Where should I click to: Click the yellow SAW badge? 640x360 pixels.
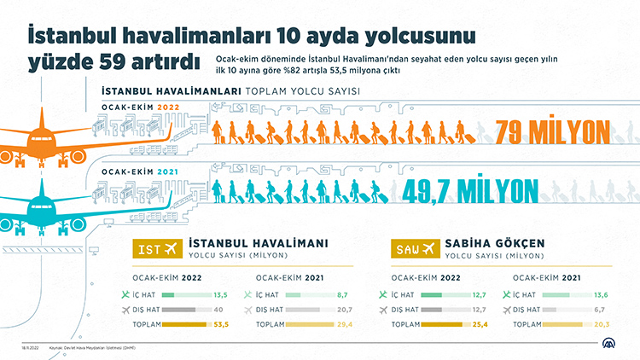(x=416, y=248)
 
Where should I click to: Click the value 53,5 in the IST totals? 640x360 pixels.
(x=220, y=325)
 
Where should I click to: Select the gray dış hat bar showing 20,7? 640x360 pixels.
(x=298, y=310)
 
